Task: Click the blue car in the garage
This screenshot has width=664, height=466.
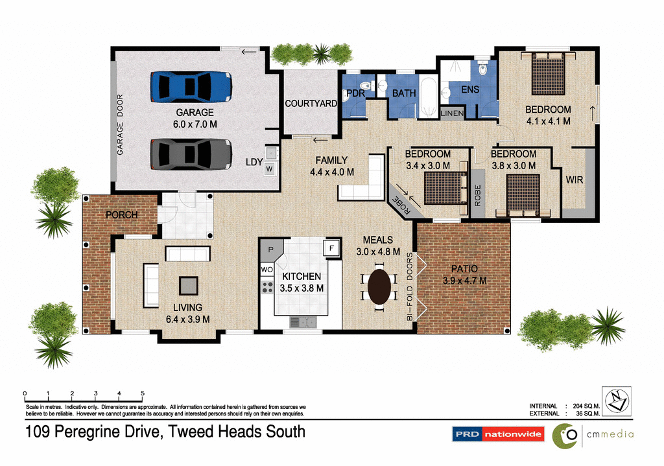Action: [x=191, y=86]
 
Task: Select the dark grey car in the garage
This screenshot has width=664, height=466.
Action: [x=191, y=155]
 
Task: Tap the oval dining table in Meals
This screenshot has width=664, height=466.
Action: [x=379, y=285]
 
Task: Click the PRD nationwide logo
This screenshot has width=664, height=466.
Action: [x=497, y=434]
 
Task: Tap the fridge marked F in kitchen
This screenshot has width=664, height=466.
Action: [x=331, y=248]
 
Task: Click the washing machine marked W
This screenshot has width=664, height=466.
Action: [x=269, y=169]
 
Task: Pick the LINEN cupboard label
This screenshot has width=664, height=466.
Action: [x=452, y=113]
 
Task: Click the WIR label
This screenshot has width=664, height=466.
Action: [x=575, y=180]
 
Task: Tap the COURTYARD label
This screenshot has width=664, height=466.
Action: [x=311, y=104]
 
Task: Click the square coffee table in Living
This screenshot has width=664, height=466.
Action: [x=189, y=285]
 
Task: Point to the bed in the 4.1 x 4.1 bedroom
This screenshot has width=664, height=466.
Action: [x=549, y=74]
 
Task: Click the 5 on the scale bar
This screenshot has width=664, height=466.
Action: [x=143, y=393]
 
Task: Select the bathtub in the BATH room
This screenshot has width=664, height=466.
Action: [x=429, y=97]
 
